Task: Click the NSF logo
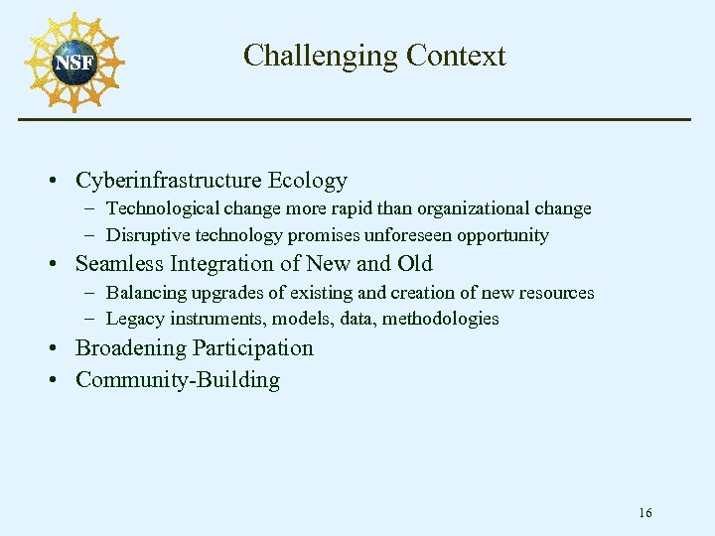coord(74,62)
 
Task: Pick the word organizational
coord(472,208)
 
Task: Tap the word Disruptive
coord(145,235)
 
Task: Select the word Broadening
coord(130,348)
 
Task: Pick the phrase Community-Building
coord(178,380)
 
